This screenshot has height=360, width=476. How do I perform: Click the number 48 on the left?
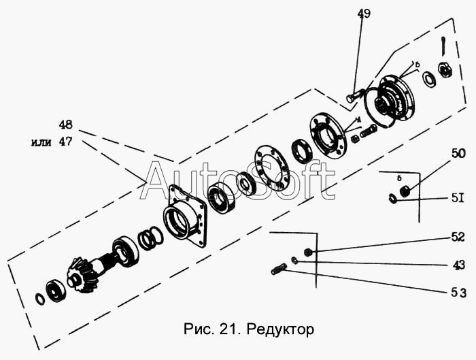pyautogui.click(x=67, y=126)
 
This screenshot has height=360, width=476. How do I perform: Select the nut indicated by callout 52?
pyautogui.click(x=307, y=252)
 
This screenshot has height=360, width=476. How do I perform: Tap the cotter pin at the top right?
pyautogui.click(x=443, y=46)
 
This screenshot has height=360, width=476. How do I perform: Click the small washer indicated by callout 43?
pyautogui.click(x=294, y=261)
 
